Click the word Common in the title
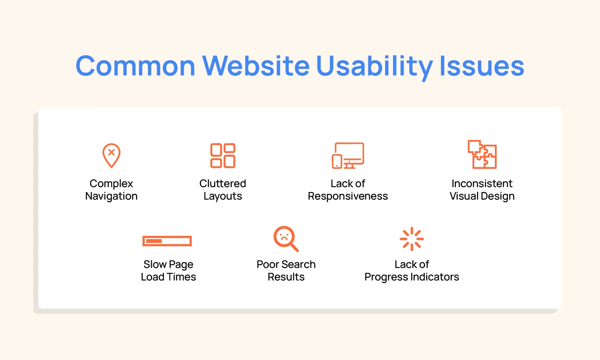coord(135,66)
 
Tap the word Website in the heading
coord(255,66)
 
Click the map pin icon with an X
coord(111,155)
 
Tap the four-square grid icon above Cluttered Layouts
coord(223,155)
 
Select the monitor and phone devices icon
coord(348,155)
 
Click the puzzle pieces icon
coord(482,154)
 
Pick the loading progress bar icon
coord(167,241)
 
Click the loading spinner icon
coord(412,239)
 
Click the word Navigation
coord(111,196)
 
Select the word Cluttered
coord(222,183)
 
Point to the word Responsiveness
coord(347,196)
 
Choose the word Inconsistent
coord(482,183)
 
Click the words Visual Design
coord(482,196)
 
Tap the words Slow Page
coord(168,265)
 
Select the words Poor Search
coord(286,264)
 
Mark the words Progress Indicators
coord(412,277)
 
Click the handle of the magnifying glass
coord(295,248)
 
